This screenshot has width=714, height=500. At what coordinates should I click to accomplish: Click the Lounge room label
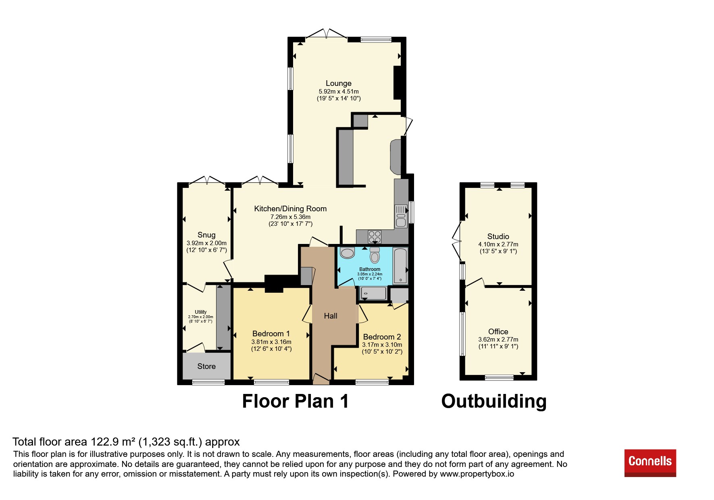tap(339, 83)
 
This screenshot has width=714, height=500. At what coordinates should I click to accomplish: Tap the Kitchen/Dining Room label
tap(290, 208)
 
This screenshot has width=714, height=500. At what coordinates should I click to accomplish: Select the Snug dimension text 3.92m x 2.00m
tap(206, 243)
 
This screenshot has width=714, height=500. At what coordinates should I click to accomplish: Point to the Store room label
tap(206, 366)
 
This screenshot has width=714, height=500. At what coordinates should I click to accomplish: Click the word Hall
tap(331, 316)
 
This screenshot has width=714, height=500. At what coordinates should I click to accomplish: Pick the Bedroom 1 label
tap(271, 333)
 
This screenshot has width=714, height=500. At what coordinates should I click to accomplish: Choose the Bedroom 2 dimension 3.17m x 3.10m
tap(382, 345)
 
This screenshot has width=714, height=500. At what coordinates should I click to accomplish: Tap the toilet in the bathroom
tap(375, 255)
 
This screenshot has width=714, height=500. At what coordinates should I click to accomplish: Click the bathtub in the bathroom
tap(400, 266)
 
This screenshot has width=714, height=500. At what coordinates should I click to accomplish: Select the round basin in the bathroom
tap(347, 253)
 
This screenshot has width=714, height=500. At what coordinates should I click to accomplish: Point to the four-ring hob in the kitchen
tap(375, 237)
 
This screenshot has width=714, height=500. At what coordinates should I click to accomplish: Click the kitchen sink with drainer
tap(401, 216)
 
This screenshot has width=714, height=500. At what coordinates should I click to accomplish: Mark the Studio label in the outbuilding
tap(498, 236)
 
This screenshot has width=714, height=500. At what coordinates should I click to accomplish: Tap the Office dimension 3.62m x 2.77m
tap(498, 340)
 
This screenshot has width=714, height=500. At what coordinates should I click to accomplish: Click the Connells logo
tap(650, 463)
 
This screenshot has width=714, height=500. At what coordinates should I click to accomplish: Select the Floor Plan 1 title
tap(295, 401)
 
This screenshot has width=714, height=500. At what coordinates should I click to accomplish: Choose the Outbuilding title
tap(494, 401)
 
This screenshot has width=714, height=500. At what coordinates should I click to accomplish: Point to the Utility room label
tap(201, 312)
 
